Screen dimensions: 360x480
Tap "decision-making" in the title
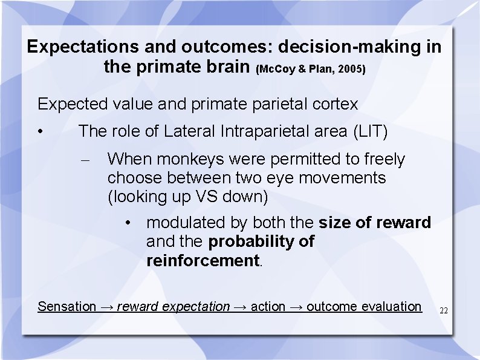pyautogui.click(x=333, y=47)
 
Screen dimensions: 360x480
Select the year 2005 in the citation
pyautogui.click(x=352, y=70)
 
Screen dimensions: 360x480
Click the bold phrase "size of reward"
pyautogui.click(x=375, y=223)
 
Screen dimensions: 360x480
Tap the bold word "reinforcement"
pyautogui.click(x=203, y=261)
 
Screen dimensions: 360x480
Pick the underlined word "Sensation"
pyautogui.click(x=66, y=307)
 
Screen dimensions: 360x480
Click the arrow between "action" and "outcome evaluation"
pyautogui.click(x=296, y=307)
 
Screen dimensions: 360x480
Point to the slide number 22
pyautogui.click(x=444, y=310)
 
